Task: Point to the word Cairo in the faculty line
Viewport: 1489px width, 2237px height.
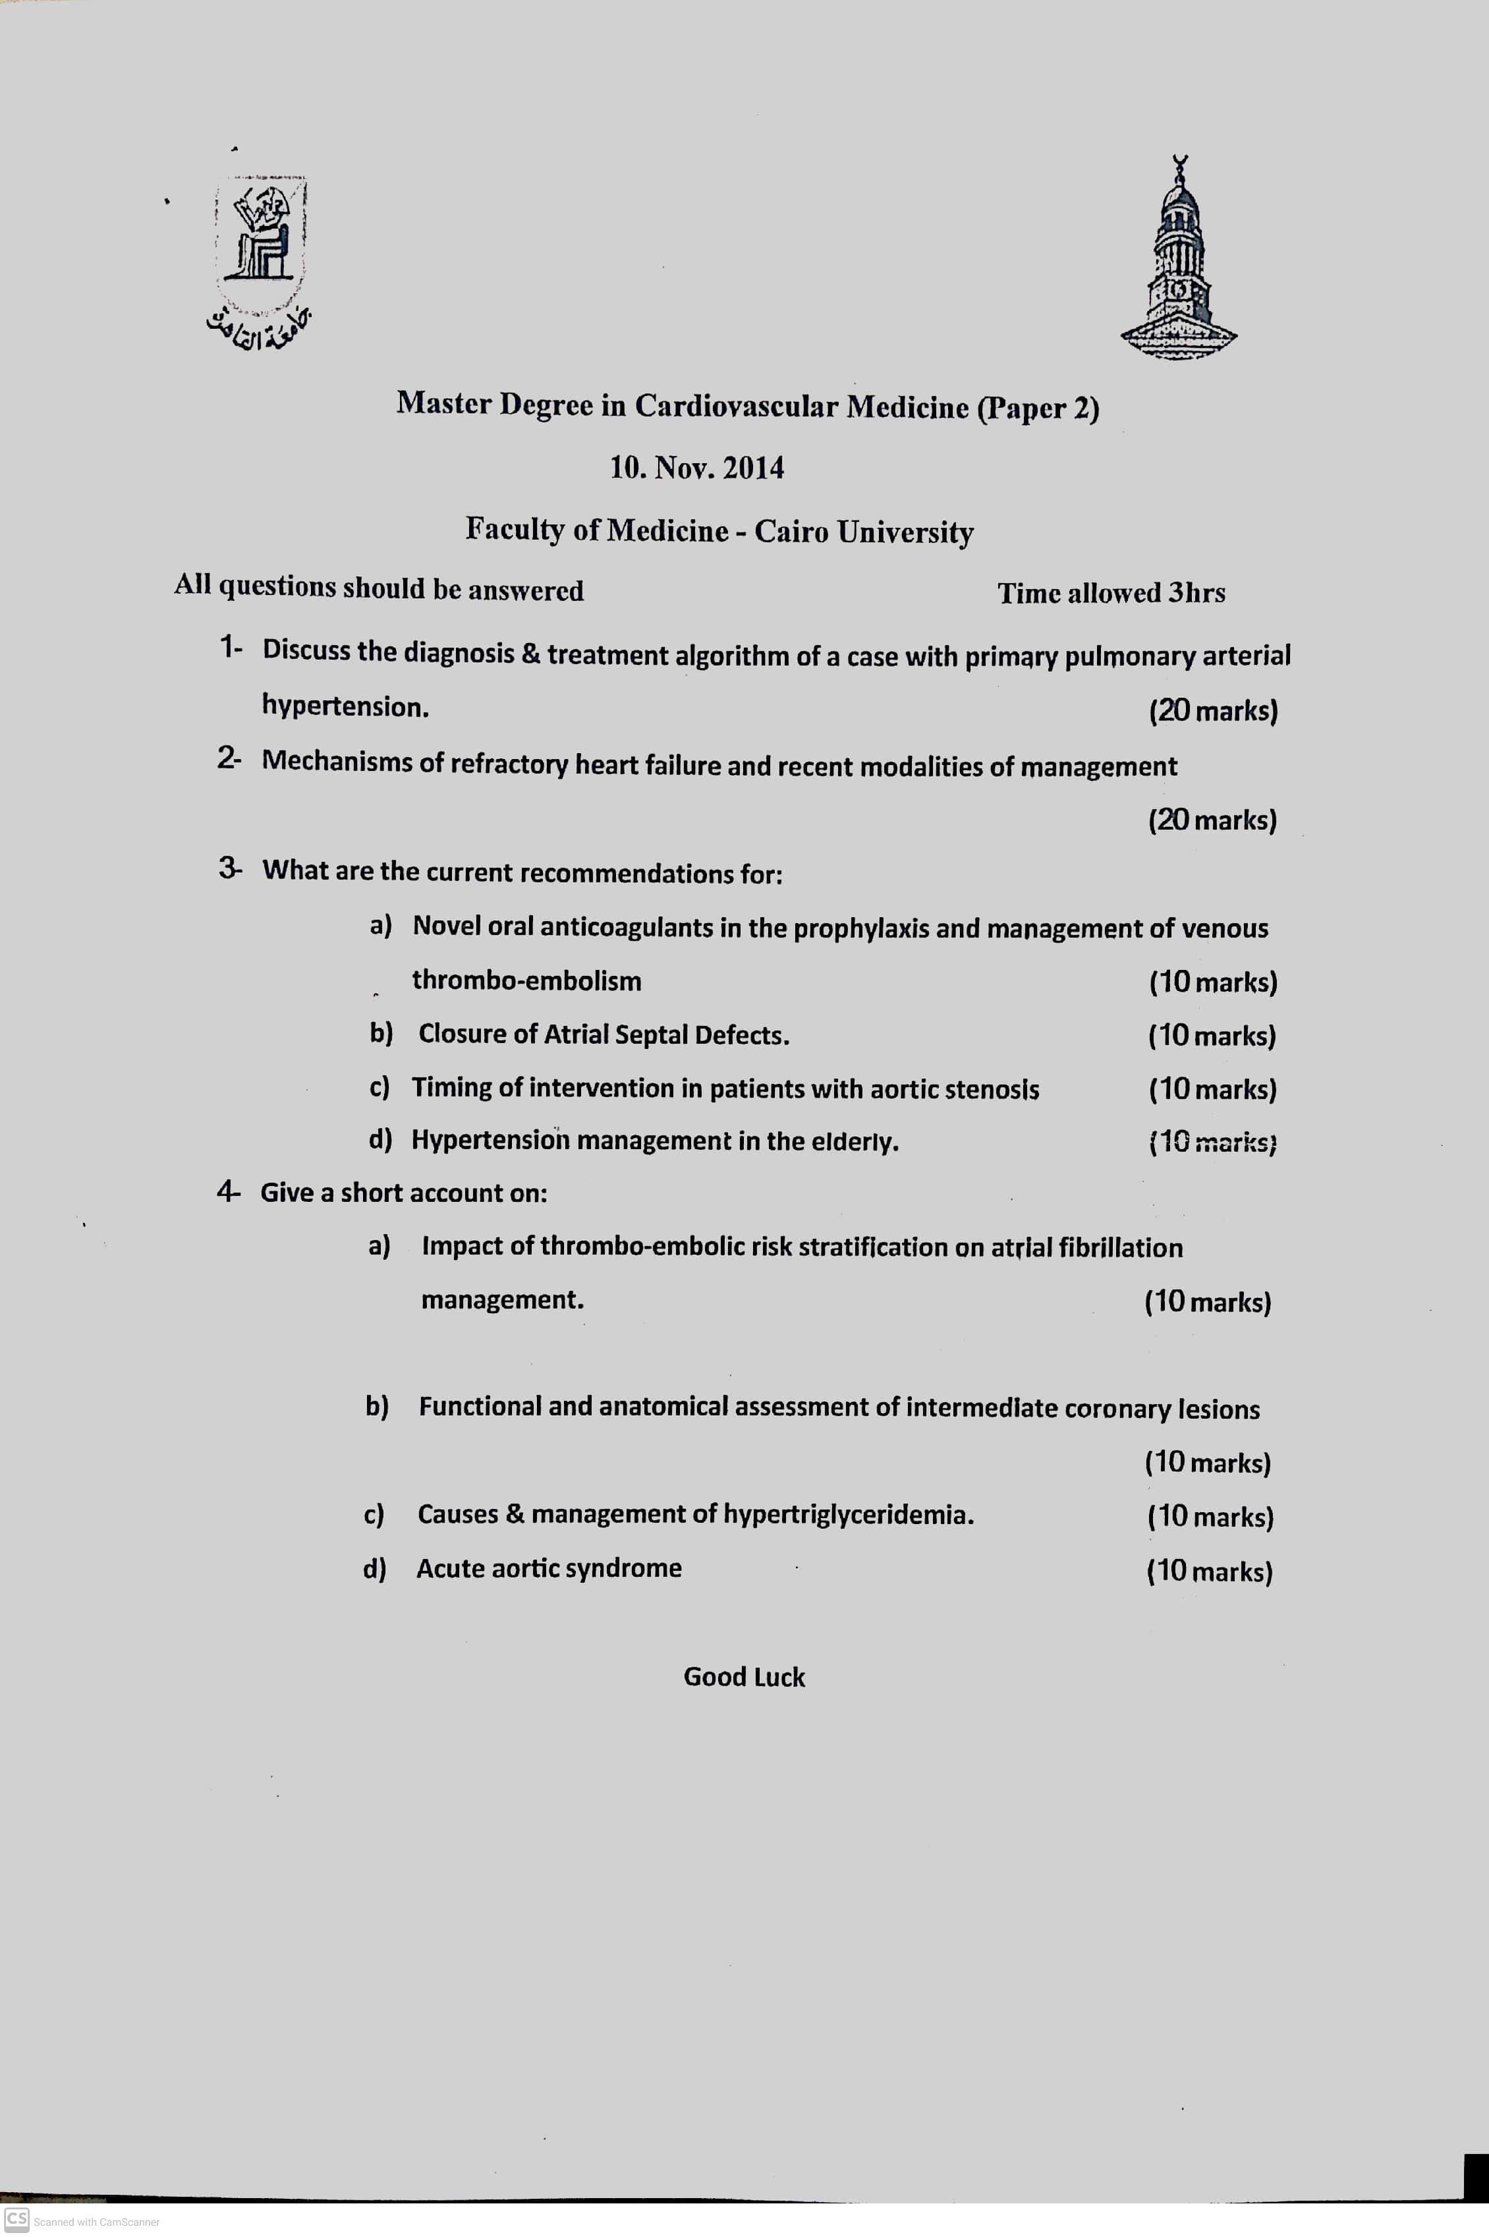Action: coord(792,531)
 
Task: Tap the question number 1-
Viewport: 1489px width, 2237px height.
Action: coord(231,648)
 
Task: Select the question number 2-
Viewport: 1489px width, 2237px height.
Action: coord(229,758)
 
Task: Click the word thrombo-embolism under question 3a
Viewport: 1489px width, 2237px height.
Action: coord(526,981)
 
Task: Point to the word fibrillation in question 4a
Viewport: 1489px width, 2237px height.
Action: coord(1121,1247)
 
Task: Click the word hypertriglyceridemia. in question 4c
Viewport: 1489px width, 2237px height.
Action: coord(848,1514)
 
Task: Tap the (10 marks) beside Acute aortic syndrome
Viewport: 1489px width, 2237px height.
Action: coord(1209,1572)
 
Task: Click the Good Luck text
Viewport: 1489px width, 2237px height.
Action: coord(744,1677)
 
